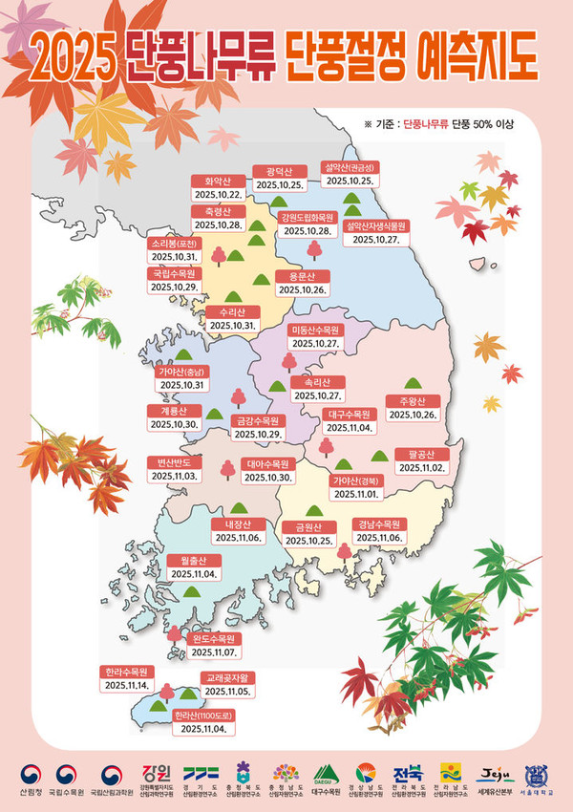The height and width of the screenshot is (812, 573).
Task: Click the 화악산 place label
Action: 218,181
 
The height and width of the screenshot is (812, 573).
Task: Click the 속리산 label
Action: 318,381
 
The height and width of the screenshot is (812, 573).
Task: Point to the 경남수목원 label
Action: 380,524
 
